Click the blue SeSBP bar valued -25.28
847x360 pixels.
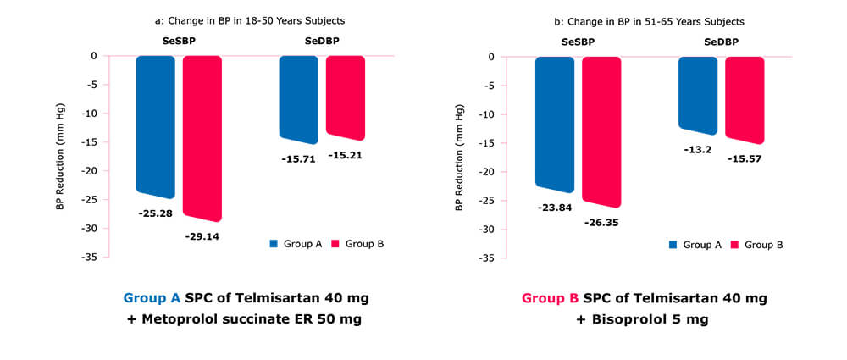click(x=156, y=127)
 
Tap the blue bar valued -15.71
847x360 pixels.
click(x=299, y=98)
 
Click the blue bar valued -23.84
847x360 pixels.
click(x=555, y=124)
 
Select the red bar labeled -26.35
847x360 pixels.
click(x=601, y=131)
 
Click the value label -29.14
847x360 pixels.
click(x=202, y=236)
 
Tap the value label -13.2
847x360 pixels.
click(x=698, y=149)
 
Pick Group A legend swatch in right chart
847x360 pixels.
click(x=673, y=245)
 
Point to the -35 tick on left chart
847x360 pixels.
click(x=88, y=257)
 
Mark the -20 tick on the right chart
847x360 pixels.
click(x=487, y=171)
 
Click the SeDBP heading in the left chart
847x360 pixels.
click(x=322, y=41)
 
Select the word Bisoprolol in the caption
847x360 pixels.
click(x=648, y=320)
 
